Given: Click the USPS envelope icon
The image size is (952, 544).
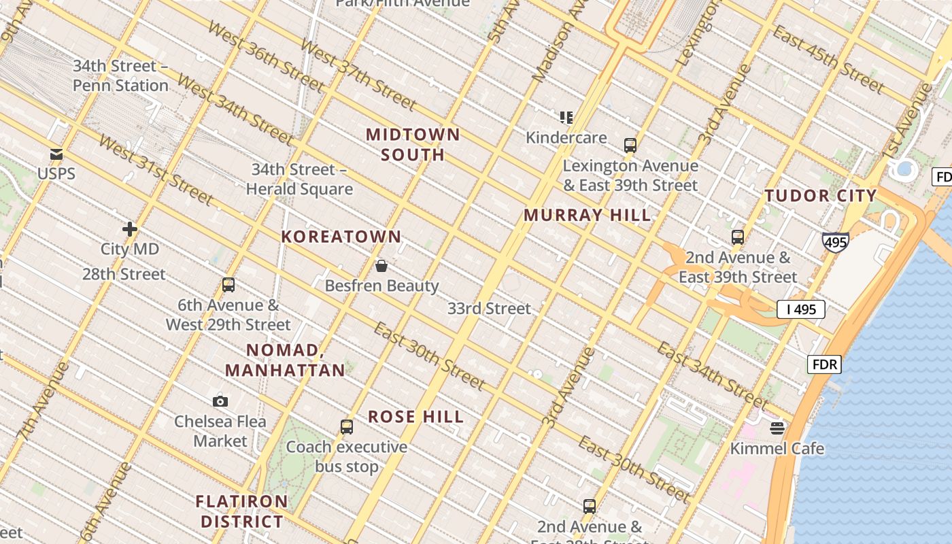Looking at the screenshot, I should (56, 154).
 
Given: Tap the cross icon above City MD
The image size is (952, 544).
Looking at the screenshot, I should (130, 229).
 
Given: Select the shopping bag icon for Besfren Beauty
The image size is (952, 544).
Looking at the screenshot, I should (381, 266).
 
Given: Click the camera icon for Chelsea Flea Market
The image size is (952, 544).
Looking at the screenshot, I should (220, 401).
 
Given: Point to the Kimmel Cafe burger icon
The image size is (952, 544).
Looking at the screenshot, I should (777, 428).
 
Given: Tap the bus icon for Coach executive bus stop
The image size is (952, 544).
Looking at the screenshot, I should (347, 427).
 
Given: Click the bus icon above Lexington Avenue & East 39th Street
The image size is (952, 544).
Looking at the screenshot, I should (630, 146).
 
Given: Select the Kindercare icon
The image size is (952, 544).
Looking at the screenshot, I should (566, 118).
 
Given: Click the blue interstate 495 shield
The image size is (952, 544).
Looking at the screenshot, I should (835, 242).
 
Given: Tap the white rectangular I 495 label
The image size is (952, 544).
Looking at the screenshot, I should (800, 309).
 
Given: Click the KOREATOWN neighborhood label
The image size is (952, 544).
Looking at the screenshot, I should (341, 237).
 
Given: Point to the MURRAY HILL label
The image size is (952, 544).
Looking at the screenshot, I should (587, 216).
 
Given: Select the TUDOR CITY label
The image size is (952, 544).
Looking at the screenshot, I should (821, 196).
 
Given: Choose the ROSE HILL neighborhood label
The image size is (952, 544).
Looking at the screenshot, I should (416, 417).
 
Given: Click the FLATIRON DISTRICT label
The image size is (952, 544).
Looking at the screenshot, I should (242, 511).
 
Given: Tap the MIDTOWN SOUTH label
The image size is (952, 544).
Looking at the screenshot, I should (413, 144).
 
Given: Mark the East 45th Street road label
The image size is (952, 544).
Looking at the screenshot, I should (828, 60).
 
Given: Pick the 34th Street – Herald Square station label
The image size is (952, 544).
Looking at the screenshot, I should (299, 179).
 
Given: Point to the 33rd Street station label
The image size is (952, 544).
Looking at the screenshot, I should (489, 309).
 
